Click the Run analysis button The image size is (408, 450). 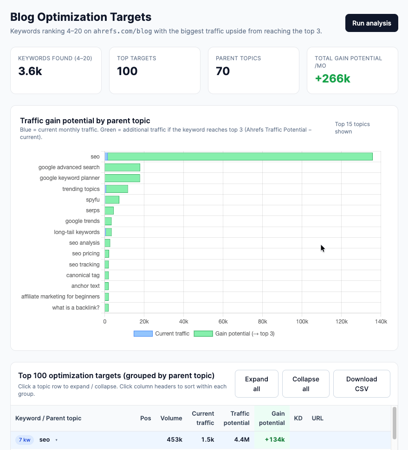tap(371, 23)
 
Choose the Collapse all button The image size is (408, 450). tap(305, 384)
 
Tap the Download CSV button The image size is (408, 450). tap(362, 384)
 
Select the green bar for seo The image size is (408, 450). tap(240, 157)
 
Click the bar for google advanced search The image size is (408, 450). tap(122, 167)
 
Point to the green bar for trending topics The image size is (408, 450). tap(117, 189)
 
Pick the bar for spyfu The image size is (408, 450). tap(112, 200)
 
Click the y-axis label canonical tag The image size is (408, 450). tap(83, 275)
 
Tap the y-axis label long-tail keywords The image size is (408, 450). tap(77, 232)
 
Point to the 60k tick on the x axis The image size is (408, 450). tap(223, 322)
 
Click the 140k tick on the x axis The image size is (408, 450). tap(381, 322)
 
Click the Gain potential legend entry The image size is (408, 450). tap(234, 334)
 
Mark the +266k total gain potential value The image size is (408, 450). tap(332, 78)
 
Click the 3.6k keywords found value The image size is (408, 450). tap(30, 71)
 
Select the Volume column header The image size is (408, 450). tap(171, 418)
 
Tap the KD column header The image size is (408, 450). tap(298, 418)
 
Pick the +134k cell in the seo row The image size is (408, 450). tap(275, 440)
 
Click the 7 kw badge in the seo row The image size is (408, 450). tap(25, 440)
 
